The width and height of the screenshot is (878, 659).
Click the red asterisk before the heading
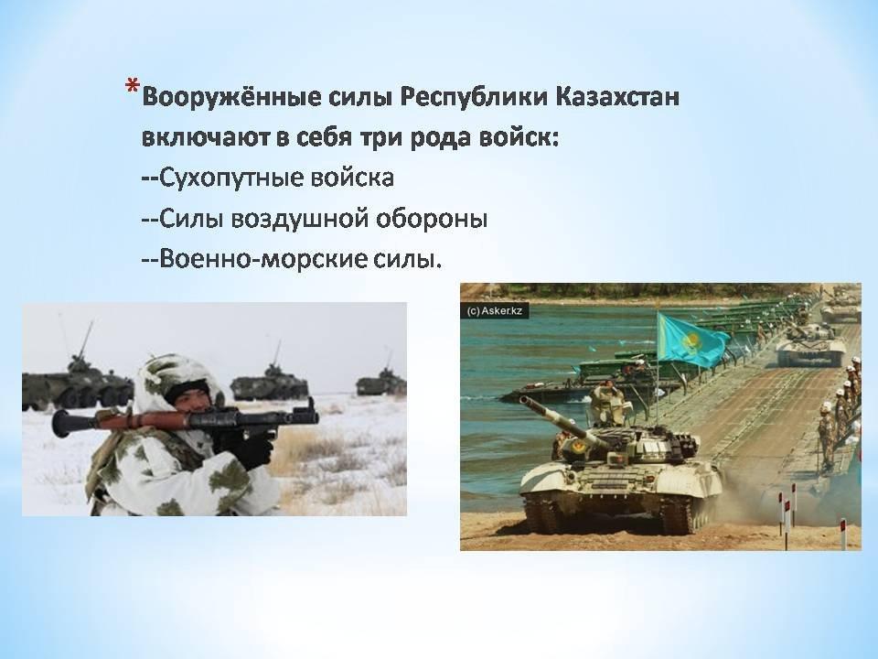132,87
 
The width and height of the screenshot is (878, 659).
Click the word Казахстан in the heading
617,97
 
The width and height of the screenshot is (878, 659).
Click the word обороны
431,219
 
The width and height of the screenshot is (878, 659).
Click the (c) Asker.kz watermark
494,310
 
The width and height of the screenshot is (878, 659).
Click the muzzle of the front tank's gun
523,400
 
